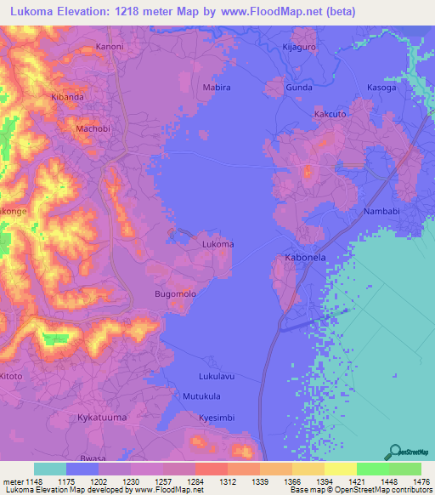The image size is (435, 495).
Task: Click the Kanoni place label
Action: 110,46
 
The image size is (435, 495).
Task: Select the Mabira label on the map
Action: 217,88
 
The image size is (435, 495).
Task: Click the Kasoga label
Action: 381,88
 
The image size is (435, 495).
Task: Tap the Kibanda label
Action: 67,98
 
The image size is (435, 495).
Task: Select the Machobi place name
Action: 93,128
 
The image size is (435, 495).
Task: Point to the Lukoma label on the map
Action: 217,244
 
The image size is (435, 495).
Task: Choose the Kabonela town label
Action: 303,257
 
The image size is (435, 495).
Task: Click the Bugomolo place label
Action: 175,293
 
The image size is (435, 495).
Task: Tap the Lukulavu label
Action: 215,375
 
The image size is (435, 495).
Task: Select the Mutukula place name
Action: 201,396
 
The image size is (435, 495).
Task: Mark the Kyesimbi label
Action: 217,418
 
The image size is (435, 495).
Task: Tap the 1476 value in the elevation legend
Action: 410,481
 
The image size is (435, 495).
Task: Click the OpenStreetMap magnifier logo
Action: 395,452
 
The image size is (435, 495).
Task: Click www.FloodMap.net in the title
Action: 271,12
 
